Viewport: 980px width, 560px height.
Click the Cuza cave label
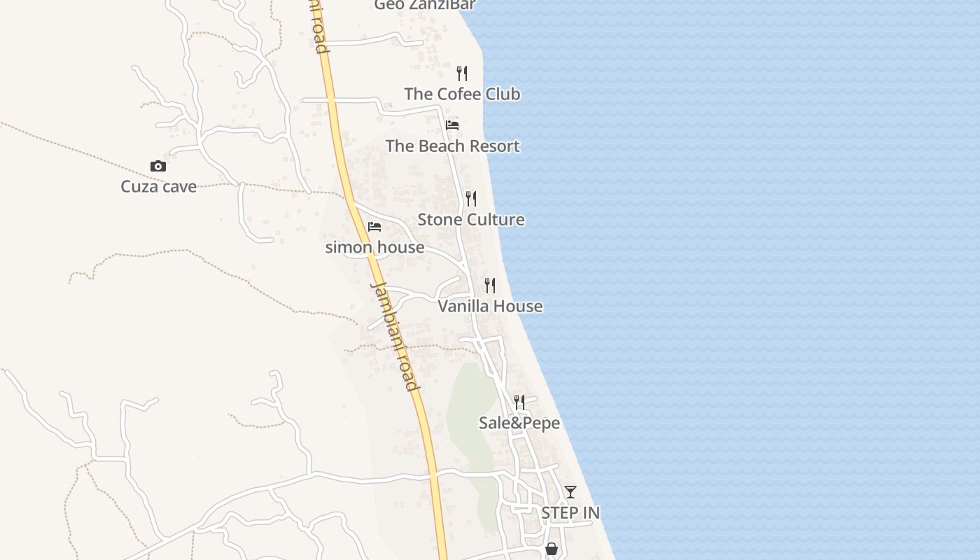point(158,187)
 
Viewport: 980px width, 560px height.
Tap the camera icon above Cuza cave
point(158,167)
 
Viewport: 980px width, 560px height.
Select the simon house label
point(374,247)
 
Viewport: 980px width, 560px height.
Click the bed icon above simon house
point(374,227)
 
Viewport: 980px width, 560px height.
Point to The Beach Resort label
point(452,146)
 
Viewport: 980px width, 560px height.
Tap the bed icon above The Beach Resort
point(452,125)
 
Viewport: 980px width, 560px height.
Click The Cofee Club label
point(462,94)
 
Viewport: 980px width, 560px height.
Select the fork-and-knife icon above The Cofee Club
point(462,73)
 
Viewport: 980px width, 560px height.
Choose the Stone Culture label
point(471,220)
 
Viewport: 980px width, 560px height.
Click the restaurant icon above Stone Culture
point(471,199)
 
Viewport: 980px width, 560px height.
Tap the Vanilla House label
point(490,306)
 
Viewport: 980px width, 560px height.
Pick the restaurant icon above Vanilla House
point(490,286)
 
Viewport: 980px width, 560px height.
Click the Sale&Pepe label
point(519,423)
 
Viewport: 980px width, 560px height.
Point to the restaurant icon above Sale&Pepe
point(519,402)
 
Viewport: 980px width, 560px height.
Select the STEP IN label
point(570,513)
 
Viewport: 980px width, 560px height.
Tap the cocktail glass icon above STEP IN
point(570,492)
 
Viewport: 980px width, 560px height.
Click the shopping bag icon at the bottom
point(552,549)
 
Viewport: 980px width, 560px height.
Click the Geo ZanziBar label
point(425,5)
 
